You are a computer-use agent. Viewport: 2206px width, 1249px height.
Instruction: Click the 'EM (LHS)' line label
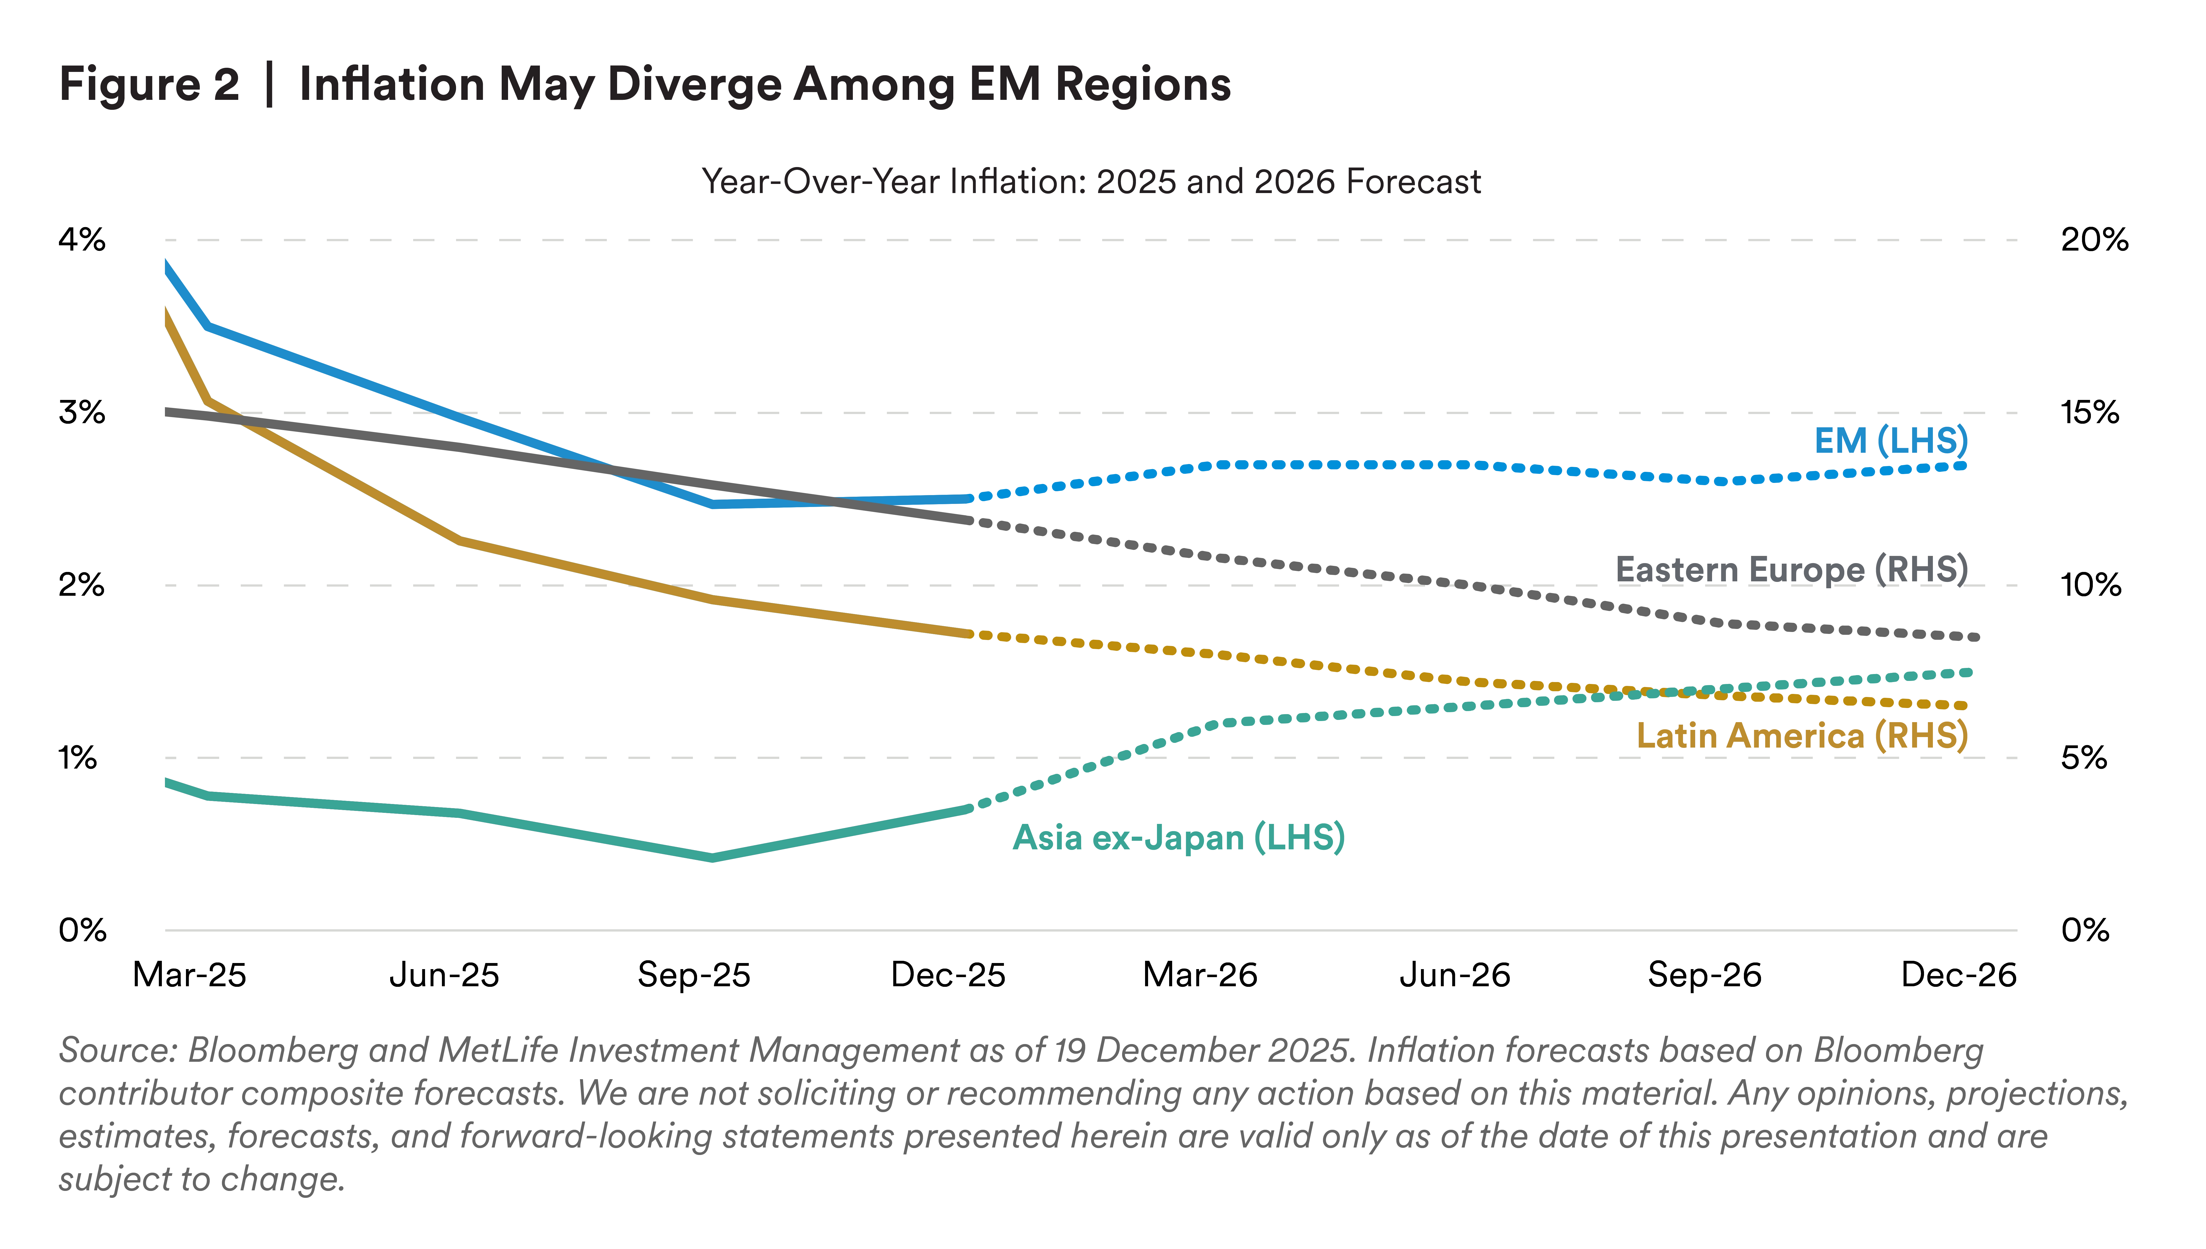click(x=1890, y=441)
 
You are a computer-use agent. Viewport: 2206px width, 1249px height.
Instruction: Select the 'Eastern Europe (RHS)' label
click(x=1791, y=569)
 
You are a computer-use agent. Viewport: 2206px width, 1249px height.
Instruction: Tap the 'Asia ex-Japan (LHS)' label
click(x=1178, y=837)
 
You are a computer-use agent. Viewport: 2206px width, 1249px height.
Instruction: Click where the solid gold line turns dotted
click(x=970, y=634)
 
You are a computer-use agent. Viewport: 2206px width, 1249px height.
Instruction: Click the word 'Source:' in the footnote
click(x=117, y=1051)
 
